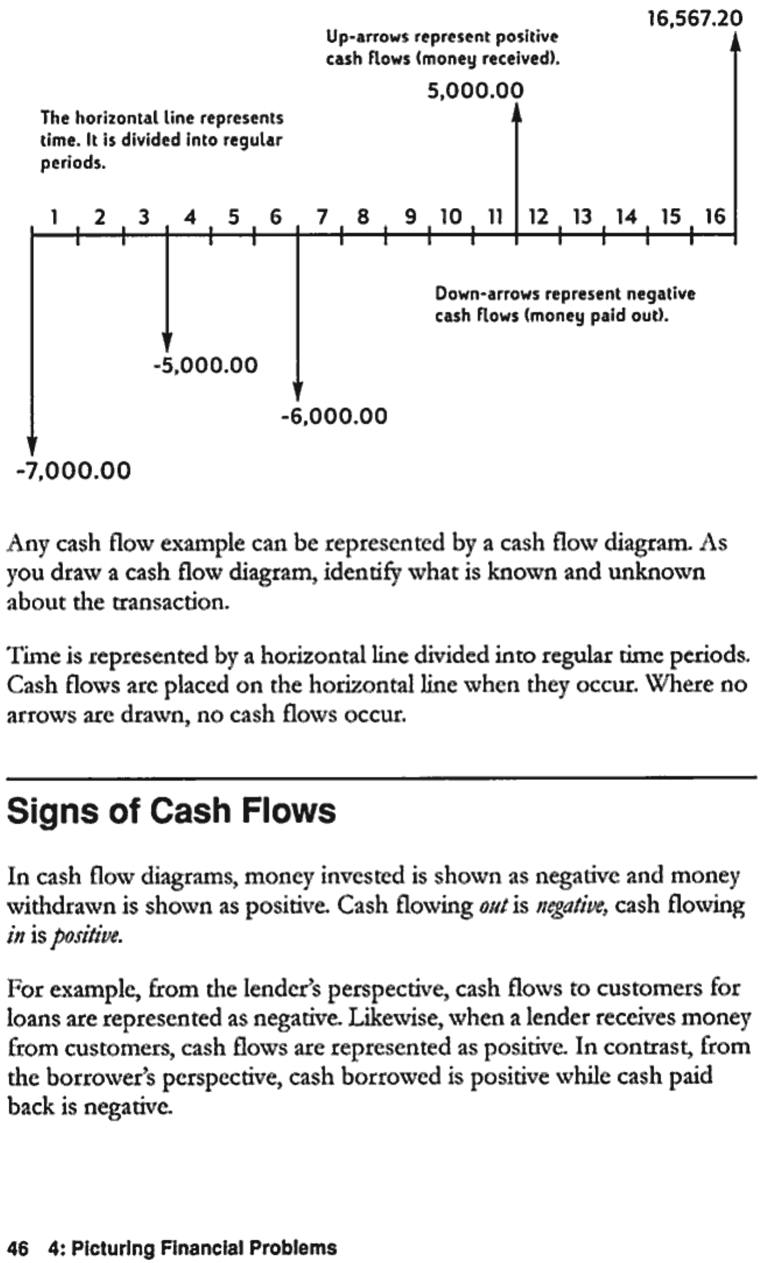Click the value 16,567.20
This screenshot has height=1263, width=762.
point(696,19)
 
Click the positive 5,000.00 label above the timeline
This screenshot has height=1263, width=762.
point(475,91)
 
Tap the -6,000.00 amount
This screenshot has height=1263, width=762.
point(334,416)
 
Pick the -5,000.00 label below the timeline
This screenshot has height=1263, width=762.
point(205,365)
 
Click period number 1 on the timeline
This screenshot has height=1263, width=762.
point(54,217)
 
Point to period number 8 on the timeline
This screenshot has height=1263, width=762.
point(362,217)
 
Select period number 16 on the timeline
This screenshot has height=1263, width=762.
point(715,217)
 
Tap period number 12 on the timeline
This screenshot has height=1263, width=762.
point(538,217)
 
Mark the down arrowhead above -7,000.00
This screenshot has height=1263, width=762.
point(33,445)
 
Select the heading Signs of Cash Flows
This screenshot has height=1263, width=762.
point(171,811)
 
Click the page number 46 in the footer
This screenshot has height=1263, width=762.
point(18,1247)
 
